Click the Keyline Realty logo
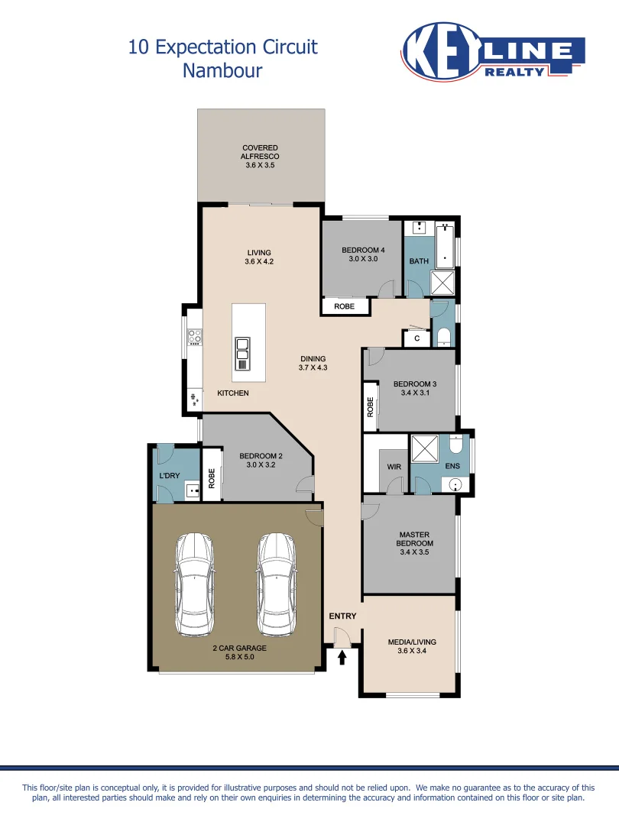pyautogui.click(x=492, y=50)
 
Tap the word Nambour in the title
pyautogui.click(x=222, y=71)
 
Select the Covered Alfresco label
pyautogui.click(x=260, y=152)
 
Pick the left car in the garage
pyautogui.click(x=194, y=584)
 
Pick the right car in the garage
pyautogui.click(x=276, y=584)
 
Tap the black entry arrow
pyautogui.click(x=342, y=655)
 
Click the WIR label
pyautogui.click(x=394, y=466)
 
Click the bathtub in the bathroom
pyautogui.click(x=445, y=244)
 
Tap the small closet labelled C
pyautogui.click(x=416, y=337)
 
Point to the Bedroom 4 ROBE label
pyautogui.click(x=345, y=306)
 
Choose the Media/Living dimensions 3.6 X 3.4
pyautogui.click(x=413, y=651)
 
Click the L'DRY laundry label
pyautogui.click(x=169, y=475)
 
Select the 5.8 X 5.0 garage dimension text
pyautogui.click(x=239, y=657)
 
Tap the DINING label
pyautogui.click(x=313, y=358)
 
